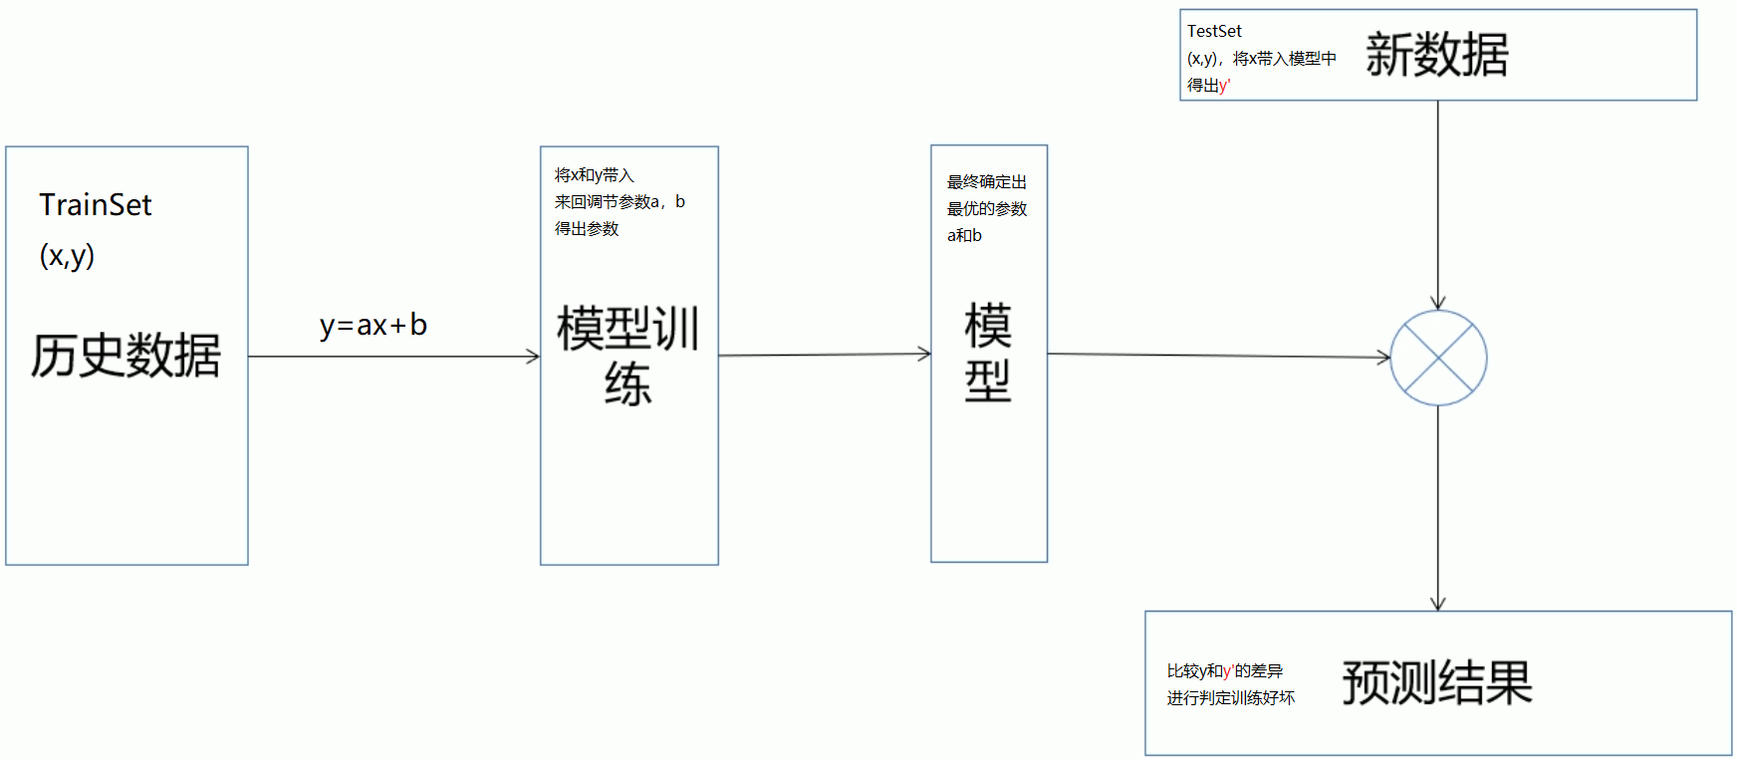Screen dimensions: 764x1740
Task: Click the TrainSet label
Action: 96,205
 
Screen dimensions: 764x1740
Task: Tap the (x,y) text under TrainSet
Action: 67,256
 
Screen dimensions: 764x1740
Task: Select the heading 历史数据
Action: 125,356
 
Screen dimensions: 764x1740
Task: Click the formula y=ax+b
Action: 373,326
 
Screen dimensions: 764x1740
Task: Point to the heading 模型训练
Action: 628,356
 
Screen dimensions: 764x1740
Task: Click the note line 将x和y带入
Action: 595,175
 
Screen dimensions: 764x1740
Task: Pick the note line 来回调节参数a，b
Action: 620,202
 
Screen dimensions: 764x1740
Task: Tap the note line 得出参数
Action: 587,229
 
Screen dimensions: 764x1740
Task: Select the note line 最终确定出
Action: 986,182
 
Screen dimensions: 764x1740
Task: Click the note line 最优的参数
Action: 986,209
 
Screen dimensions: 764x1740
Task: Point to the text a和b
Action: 964,236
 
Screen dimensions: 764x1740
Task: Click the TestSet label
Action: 1214,32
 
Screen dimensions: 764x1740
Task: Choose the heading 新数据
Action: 1436,55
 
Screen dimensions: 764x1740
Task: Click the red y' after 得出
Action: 1224,87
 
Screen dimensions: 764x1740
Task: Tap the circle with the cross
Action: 1438,358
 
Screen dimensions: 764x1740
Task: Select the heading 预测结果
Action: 1436,683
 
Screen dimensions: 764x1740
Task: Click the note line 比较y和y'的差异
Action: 1224,671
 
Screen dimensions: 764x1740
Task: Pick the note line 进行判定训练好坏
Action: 1230,698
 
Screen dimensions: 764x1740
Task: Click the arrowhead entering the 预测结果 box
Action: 1438,604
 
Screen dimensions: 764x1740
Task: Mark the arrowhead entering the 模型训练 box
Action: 533,357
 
